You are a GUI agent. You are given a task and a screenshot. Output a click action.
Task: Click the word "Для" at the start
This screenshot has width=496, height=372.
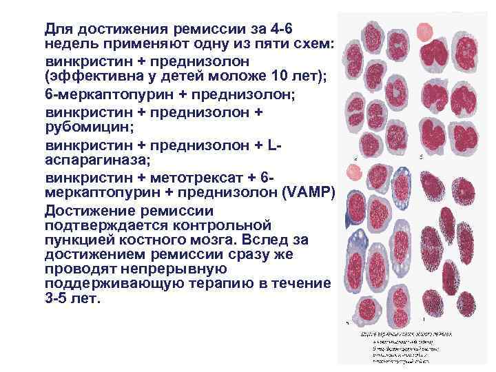(x=59, y=30)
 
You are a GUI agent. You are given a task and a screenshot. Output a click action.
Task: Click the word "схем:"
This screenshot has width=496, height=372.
(x=313, y=45)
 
